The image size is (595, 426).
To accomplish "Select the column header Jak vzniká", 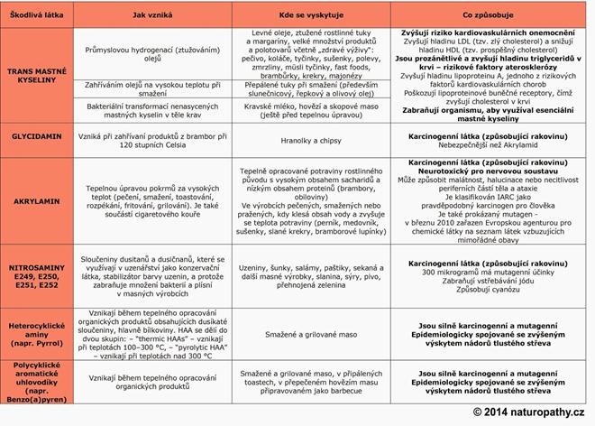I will coord(146,13).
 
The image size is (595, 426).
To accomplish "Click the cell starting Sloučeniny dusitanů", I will coord(146,268).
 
